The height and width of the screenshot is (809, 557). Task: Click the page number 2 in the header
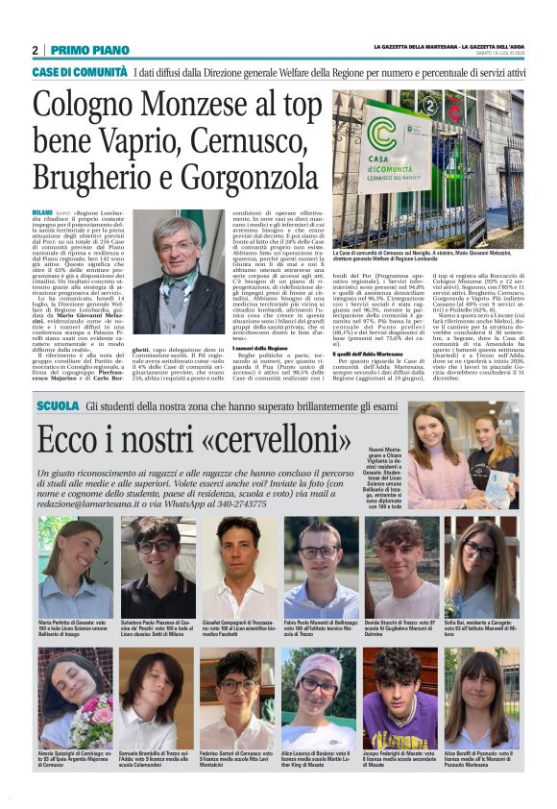pyautogui.click(x=35, y=50)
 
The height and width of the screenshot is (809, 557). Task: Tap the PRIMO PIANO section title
pyautogui.click(x=90, y=50)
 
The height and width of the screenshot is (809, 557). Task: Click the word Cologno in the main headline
pyautogui.click(x=92, y=108)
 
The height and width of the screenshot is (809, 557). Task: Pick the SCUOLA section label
pyautogui.click(x=57, y=407)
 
